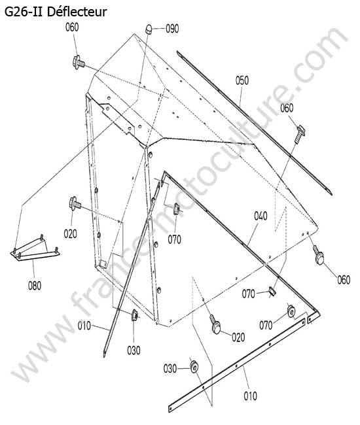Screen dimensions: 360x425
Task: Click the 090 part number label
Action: [x=172, y=29]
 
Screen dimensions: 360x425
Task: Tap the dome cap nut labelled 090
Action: [x=149, y=29]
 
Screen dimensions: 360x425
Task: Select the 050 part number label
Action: [x=242, y=80]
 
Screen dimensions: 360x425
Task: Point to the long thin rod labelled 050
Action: [x=255, y=122]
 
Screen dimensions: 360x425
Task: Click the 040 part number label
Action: [x=261, y=216]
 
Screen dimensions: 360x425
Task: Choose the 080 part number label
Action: [x=35, y=286]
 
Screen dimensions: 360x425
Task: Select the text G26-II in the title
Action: [x=24, y=12]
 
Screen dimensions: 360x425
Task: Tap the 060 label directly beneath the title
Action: [x=72, y=27]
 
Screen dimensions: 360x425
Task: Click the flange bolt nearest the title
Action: [x=79, y=62]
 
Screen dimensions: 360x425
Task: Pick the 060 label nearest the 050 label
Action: [x=287, y=108]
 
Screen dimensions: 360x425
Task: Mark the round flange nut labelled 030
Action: [x=194, y=367]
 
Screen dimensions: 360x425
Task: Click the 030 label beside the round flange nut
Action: [x=170, y=369]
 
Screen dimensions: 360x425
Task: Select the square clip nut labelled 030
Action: [x=135, y=315]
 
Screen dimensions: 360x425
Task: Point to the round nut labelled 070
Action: [x=291, y=311]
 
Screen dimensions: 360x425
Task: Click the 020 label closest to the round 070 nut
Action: [x=238, y=337]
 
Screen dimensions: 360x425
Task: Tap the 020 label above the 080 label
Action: [x=71, y=233]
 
